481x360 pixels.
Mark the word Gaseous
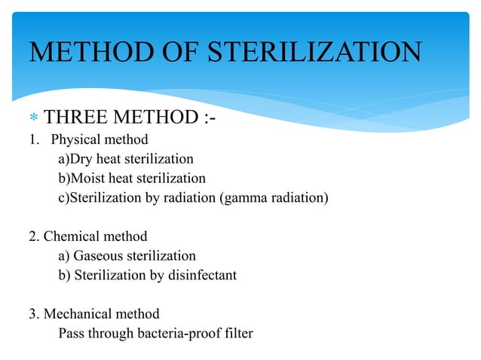pyautogui.click(x=97, y=256)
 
